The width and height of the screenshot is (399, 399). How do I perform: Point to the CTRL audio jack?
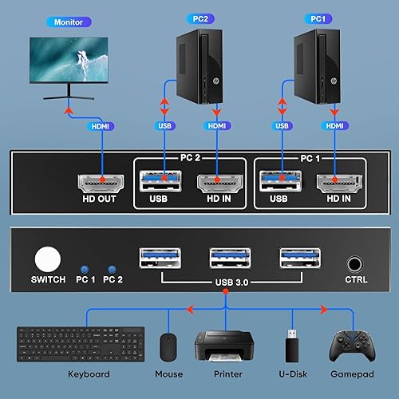tap(355, 262)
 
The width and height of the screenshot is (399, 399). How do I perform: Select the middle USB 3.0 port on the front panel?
tap(224, 259)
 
